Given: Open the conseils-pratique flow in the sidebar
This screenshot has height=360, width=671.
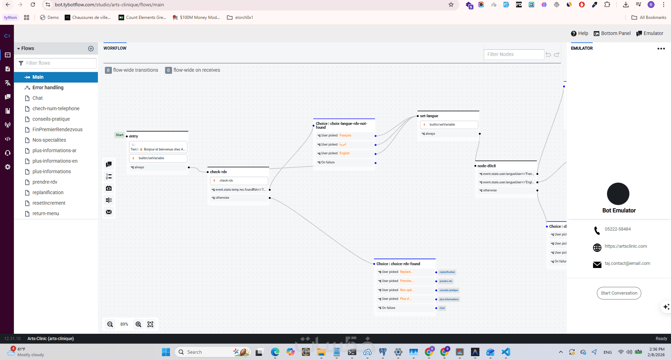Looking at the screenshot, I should click(x=51, y=119).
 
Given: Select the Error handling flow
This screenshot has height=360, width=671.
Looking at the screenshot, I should click(x=48, y=87).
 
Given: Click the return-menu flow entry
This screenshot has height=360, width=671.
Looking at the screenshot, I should click(x=45, y=213).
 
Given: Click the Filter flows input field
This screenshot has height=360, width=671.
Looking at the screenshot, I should click(x=59, y=63).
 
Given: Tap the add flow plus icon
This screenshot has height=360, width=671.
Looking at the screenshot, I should click(x=91, y=49).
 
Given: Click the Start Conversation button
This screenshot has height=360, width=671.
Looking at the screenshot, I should click(x=619, y=293).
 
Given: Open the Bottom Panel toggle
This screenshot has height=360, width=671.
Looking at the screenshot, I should click(x=612, y=33).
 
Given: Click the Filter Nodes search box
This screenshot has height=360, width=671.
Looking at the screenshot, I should click(x=514, y=54).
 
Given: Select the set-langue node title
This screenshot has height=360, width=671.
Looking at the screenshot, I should click(x=429, y=116).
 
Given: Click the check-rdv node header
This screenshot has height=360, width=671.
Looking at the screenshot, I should click(x=219, y=172).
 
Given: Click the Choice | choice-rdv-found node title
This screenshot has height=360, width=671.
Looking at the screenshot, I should click(x=398, y=264).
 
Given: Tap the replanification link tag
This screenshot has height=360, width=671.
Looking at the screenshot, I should click(x=447, y=272).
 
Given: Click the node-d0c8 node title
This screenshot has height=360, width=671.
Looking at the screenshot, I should click(x=487, y=166).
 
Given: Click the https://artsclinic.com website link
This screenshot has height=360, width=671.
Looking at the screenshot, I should click(x=626, y=246).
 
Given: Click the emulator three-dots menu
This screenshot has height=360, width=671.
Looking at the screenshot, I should click(x=661, y=49).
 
